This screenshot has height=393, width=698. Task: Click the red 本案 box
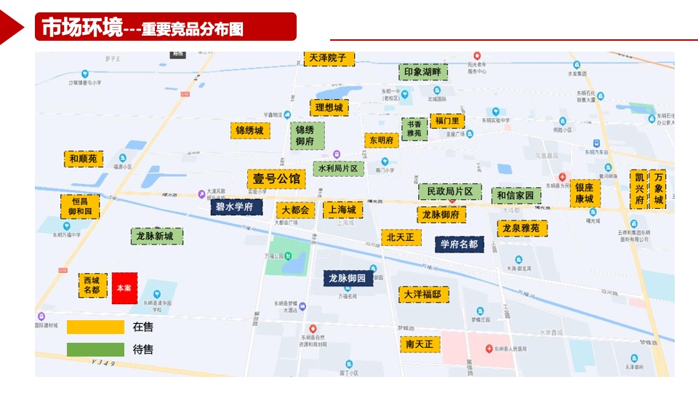click(124, 288)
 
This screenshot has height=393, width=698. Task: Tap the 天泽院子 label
click(329, 58)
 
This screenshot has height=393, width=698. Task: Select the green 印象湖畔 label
click(422, 72)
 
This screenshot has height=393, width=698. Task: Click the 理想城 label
click(329, 108)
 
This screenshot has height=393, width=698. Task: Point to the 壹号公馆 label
click(276, 179)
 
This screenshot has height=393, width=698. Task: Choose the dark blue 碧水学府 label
click(236, 207)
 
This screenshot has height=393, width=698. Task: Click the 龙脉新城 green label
click(156, 237)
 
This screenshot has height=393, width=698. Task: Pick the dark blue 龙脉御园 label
click(348, 278)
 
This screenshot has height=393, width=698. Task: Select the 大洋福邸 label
click(424, 294)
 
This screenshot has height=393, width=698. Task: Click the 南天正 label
click(420, 344)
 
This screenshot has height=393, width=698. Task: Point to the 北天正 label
click(401, 237)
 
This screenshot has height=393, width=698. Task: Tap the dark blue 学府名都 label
click(460, 244)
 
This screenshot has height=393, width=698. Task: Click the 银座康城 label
click(585, 193)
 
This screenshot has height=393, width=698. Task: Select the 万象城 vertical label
click(658, 189)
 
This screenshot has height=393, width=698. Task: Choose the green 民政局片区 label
click(449, 191)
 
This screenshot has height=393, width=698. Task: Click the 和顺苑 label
click(84, 159)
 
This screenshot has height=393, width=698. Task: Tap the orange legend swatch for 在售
click(95, 327)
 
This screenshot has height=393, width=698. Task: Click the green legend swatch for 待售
click(95, 349)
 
